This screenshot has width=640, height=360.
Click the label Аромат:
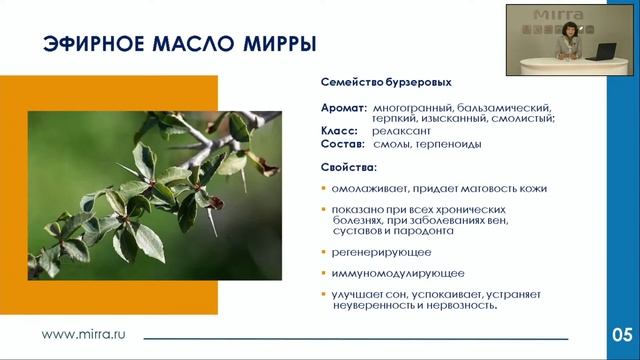point(342,107)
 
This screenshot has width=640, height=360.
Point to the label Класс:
point(339,131)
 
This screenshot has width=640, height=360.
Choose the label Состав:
point(342,144)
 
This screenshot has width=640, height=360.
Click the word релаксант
point(400,131)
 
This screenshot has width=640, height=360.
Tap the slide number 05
point(621,333)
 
